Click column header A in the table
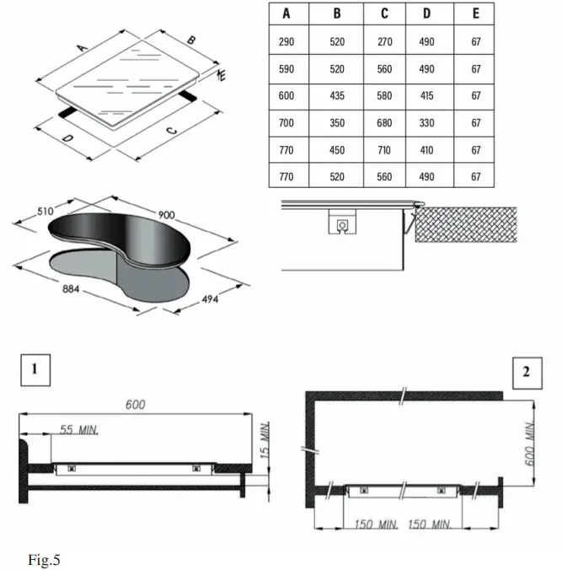coord(287,13)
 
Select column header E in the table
coord(476,13)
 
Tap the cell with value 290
coord(287,41)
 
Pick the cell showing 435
coord(337,96)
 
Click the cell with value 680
coord(384,123)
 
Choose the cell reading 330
coord(426,123)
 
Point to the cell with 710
coord(384,150)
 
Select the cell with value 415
coord(426,96)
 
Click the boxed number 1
coord(35,369)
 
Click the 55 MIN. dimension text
coord(79,431)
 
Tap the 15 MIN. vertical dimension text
coord(265,440)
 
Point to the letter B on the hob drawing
coord(191,40)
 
